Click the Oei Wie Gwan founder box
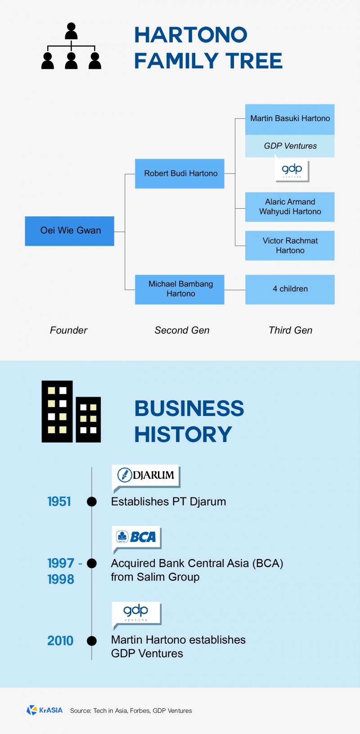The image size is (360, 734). pos(69,231)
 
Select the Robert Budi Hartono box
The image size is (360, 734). pos(180,174)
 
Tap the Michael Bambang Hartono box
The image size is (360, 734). pos(180,289)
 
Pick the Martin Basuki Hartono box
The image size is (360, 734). pos(290,119)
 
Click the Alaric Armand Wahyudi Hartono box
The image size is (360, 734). pos(290,207)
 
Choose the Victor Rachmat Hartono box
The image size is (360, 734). pos(290,246)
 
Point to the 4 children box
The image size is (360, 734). pos(290,289)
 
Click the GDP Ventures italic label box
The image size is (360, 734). pos(290,146)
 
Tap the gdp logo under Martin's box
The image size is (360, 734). pos(292,170)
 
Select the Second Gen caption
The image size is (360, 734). pos(182,331)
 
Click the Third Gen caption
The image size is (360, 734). pos(290,331)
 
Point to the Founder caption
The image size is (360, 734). pos(68,331)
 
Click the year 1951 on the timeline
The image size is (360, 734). pos(59,501)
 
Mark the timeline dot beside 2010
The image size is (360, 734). pos(92,641)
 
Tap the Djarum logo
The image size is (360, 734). pos(146,475)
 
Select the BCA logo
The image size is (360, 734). pos(136,537)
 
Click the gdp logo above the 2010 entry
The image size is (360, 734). pos(136,612)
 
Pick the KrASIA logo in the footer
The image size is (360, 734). pos(45,710)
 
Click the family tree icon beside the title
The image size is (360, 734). pos(71,46)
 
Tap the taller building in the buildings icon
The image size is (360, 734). pos(57,411)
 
